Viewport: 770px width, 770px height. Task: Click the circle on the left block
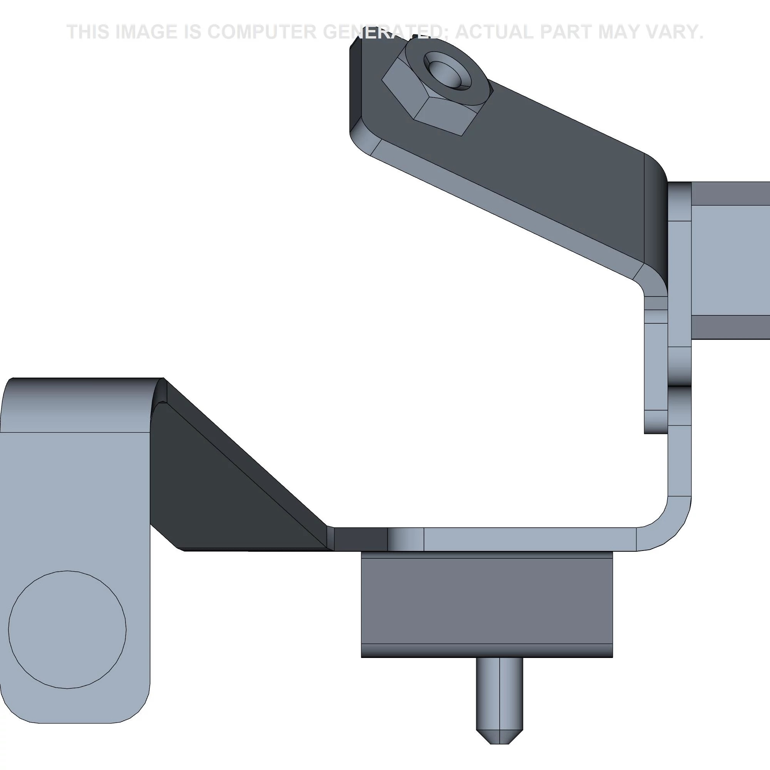tap(67, 629)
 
